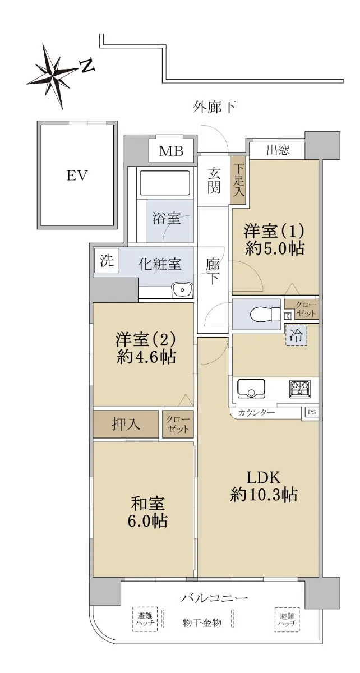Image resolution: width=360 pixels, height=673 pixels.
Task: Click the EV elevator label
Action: pyautogui.click(x=77, y=176)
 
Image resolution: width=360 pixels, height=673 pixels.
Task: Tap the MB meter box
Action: pyautogui.click(x=171, y=151)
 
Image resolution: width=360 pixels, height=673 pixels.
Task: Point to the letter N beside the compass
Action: pyautogui.click(x=87, y=66)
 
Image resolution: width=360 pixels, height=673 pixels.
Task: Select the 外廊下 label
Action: pyautogui.click(x=214, y=107)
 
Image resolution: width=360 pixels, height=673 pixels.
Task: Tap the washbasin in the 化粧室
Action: pyautogui.click(x=182, y=290)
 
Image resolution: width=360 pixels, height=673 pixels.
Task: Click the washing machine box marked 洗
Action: pyautogui.click(x=107, y=260)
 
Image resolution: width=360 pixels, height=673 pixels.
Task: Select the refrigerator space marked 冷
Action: pyautogui.click(x=296, y=335)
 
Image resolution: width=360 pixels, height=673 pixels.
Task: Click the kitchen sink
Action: pyautogui.click(x=251, y=388)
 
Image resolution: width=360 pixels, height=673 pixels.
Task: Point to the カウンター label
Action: pyautogui.click(x=256, y=413)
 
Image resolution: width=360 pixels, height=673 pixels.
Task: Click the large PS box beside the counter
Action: pyautogui.click(x=312, y=412)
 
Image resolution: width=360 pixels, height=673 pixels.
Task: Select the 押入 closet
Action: pyautogui.click(x=126, y=424)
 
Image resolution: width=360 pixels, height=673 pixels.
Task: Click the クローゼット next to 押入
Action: pyautogui.click(x=178, y=424)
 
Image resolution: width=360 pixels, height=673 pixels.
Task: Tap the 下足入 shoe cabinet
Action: pyautogui.click(x=238, y=180)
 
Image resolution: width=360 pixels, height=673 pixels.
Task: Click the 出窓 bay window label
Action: pyautogui.click(x=278, y=150)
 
